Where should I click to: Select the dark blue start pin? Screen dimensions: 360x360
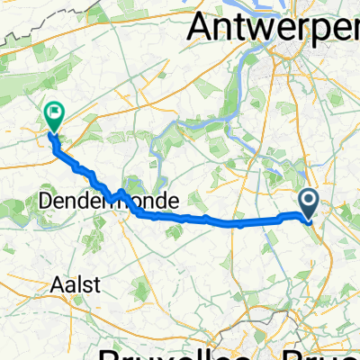click(x=309, y=204)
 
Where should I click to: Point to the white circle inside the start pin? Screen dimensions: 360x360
click(x=309, y=201)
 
